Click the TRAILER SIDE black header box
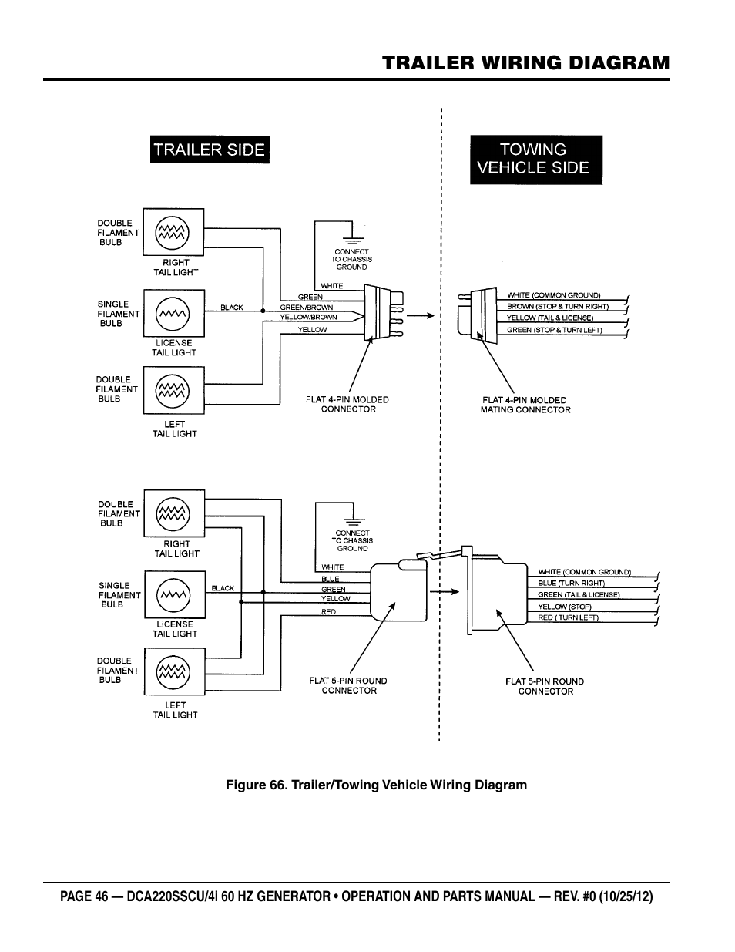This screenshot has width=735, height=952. pos(209,150)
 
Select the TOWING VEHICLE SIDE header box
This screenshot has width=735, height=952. pos(536,159)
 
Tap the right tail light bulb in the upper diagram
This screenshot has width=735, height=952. pos(173,231)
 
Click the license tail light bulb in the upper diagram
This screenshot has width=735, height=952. pos(173,312)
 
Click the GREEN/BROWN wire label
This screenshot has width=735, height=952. pos(307,308)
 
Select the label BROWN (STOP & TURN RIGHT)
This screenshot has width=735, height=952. pos(558,307)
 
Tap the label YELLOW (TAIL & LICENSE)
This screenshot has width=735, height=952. pos(550,318)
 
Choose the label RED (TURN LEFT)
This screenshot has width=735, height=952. pos(568,618)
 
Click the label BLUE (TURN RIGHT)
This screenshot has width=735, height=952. pos(571,584)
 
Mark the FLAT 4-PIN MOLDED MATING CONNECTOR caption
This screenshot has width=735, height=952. pos(525,405)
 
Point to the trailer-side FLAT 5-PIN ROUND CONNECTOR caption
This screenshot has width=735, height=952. pos(348,686)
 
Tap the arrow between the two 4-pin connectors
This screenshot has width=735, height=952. pos(421,315)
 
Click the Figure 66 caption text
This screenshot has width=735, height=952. pos(376,785)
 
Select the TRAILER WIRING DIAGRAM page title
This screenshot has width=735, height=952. pos(525,62)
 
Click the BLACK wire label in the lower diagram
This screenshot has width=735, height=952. pos(223,588)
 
